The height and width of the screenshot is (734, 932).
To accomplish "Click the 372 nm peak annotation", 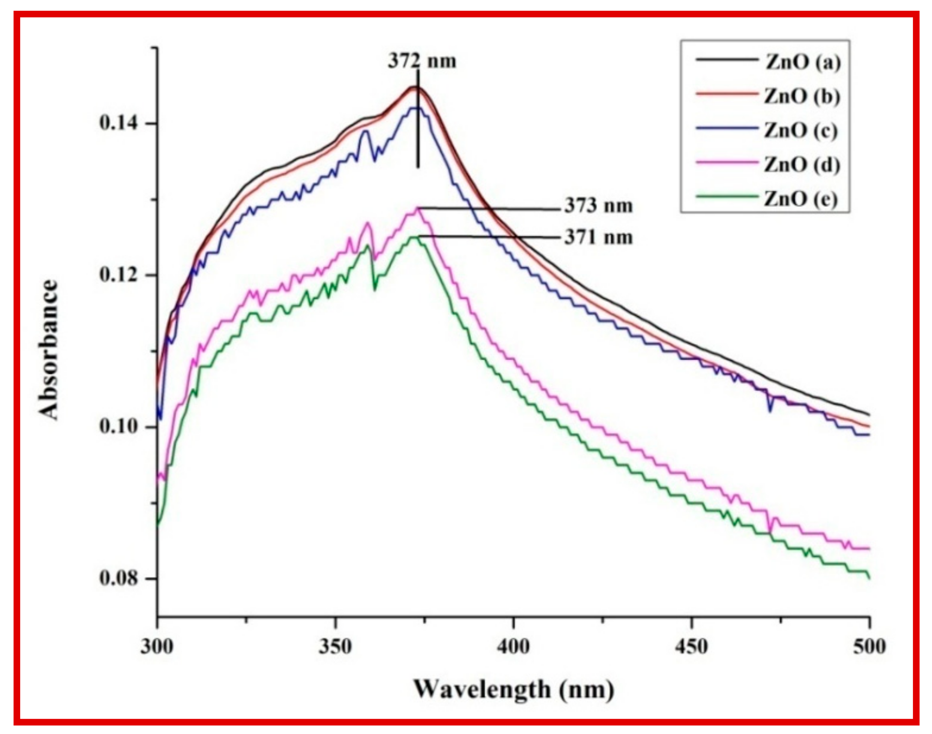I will coord(422,61).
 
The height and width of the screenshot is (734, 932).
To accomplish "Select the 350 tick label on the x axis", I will coord(336,647).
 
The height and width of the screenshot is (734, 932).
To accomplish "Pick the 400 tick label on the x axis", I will coord(514,647).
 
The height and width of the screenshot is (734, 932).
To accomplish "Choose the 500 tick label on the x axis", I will coord(870,647).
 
